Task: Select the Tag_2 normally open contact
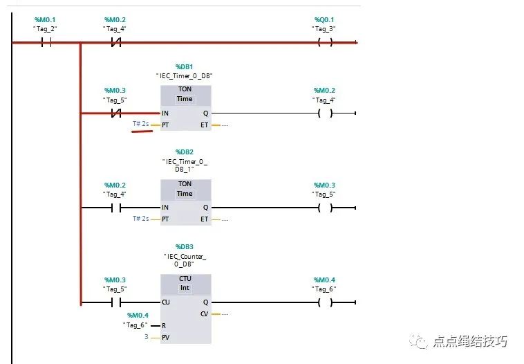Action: pos(46,42)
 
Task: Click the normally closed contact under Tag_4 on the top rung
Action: pos(116,42)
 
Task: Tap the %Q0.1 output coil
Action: pos(324,42)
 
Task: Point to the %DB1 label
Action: pos(185,66)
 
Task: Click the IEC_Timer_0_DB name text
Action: pos(185,75)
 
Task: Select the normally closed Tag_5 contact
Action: pos(116,113)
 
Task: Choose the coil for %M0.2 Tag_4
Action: pos(324,113)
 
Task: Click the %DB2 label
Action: pos(185,151)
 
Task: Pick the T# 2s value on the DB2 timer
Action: pos(141,219)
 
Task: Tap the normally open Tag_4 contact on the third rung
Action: pos(116,207)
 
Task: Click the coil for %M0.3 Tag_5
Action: pos(324,207)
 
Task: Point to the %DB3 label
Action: pos(185,246)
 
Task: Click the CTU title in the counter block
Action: pos(185,278)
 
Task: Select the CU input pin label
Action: pos(166,302)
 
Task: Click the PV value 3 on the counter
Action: pos(147,337)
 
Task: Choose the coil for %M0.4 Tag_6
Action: pos(324,302)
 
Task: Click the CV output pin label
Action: pos(205,313)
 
